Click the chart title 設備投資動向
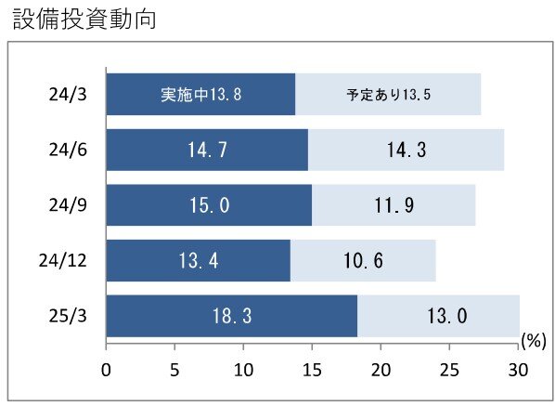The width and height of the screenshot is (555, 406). click(84, 20)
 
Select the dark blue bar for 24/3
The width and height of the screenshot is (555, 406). click(200, 94)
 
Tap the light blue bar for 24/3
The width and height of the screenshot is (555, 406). click(388, 94)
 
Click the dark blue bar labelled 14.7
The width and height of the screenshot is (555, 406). click(207, 150)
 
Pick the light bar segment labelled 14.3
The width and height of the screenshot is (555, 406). click(406, 150)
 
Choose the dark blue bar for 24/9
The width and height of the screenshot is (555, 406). click(209, 205)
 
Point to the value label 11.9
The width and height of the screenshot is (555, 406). click(394, 205)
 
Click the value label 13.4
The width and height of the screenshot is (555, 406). click(199, 261)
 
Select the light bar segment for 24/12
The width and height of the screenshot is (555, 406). click(363, 261)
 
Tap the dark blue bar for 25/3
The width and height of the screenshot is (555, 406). click(232, 316)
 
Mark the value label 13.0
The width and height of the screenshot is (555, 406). click(447, 316)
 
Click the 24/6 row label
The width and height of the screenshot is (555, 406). click(68, 150)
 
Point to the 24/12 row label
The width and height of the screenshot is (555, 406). click(63, 261)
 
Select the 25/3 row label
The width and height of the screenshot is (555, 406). click(68, 316)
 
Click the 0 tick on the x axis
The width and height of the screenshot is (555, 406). click(106, 370)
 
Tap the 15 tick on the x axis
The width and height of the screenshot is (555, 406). click(312, 370)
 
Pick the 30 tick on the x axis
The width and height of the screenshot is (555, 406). click(518, 370)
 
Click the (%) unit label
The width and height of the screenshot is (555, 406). click(534, 341)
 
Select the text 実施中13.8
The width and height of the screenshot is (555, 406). click(200, 95)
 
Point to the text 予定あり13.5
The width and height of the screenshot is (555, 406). click(388, 95)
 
